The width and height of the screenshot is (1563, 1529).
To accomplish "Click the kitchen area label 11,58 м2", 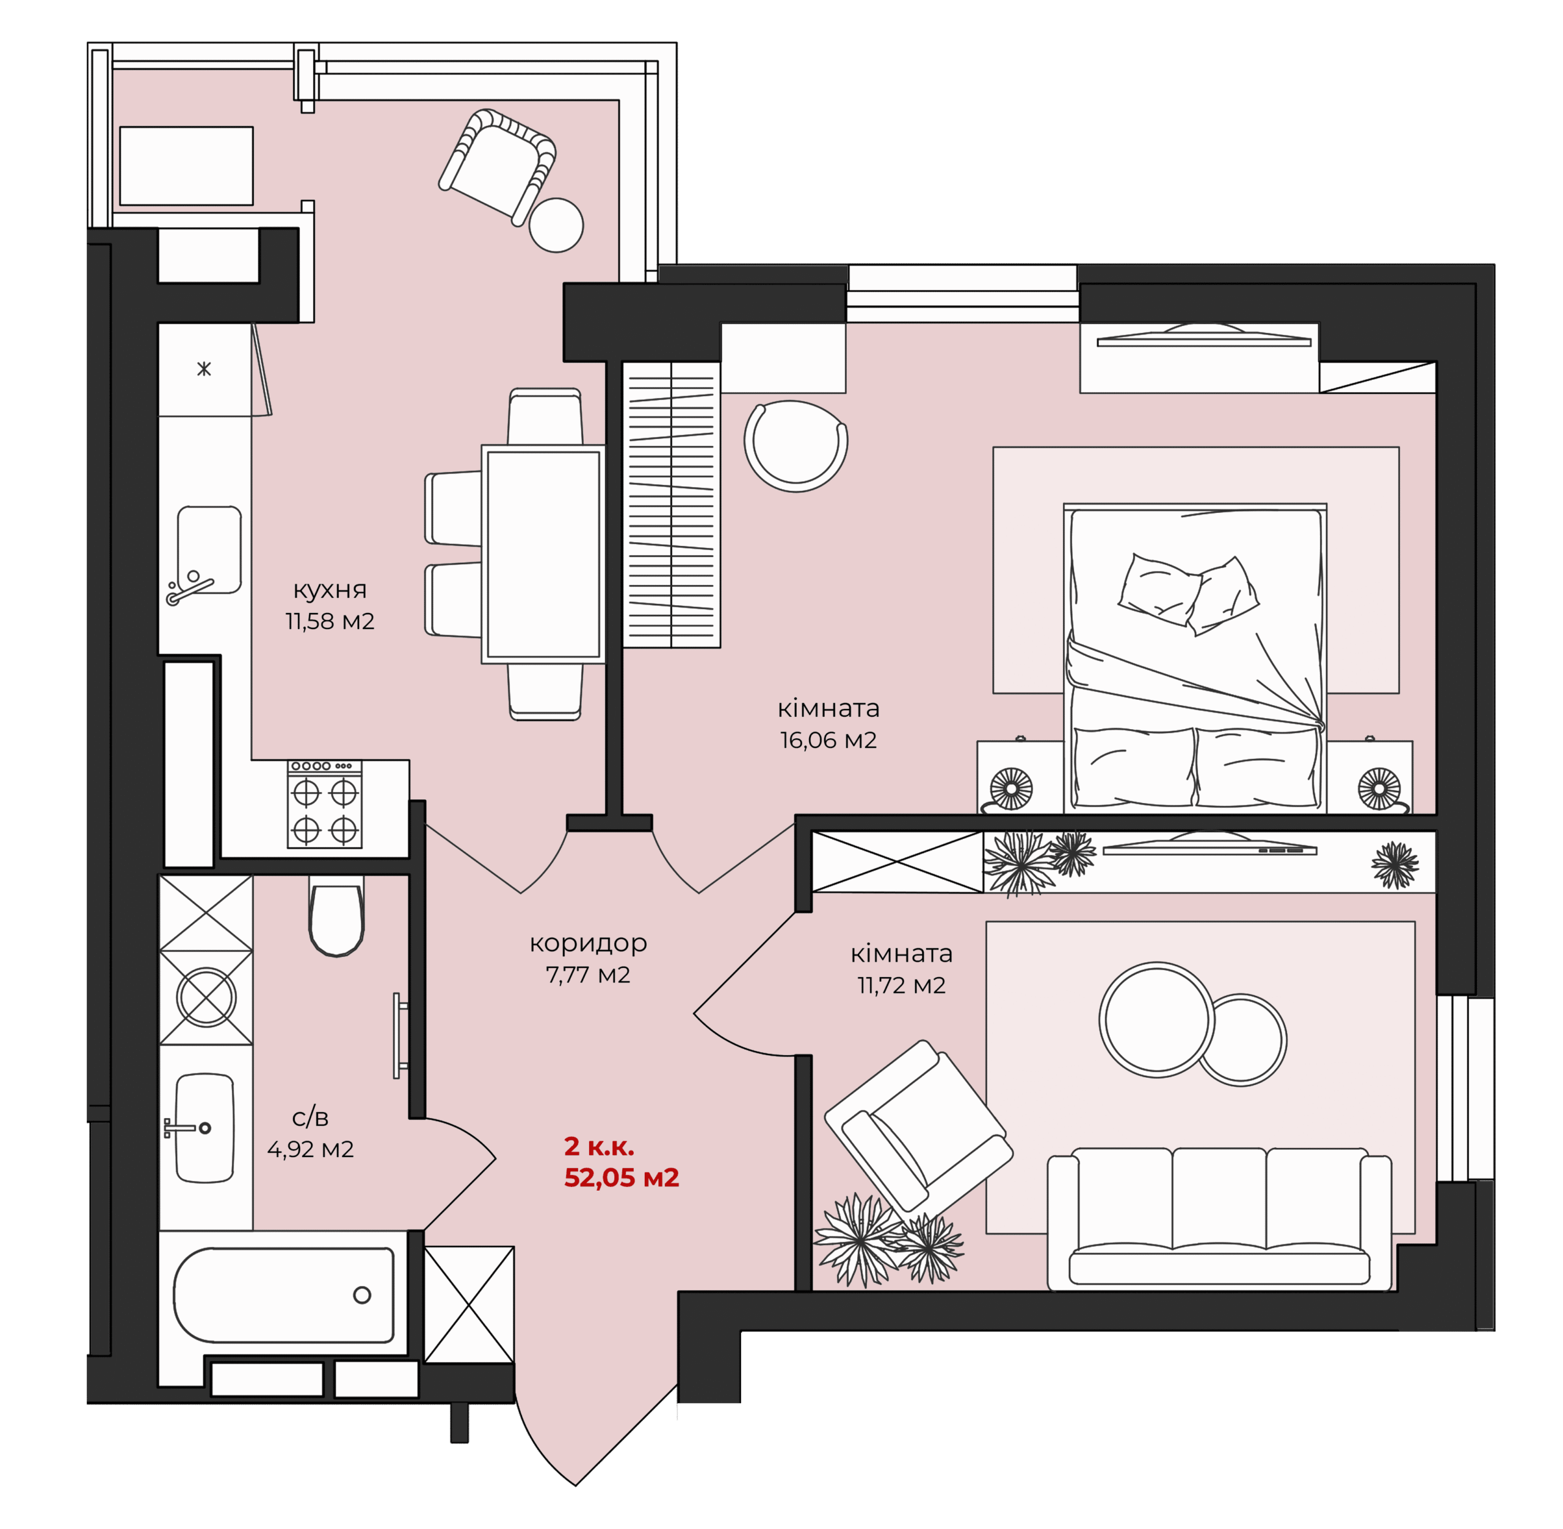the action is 330,621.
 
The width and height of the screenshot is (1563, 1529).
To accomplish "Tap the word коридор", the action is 587,943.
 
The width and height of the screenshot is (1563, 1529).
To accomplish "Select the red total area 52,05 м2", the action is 622,1177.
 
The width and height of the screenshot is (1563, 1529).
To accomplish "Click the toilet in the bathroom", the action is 336,915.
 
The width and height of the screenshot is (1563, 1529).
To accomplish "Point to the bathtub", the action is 284,1295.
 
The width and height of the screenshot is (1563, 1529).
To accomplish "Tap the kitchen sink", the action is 209,550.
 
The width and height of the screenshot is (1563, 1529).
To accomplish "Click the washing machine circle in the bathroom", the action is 206,997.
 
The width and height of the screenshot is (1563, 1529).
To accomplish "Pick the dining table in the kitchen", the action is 543,554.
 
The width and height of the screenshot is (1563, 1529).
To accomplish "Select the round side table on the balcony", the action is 556,225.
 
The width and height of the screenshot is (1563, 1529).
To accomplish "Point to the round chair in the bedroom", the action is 796,446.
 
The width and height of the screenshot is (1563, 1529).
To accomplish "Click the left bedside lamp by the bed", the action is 1010,788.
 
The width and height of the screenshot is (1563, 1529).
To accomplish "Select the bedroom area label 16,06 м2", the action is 828,739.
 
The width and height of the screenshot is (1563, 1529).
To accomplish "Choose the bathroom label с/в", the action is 310,1117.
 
